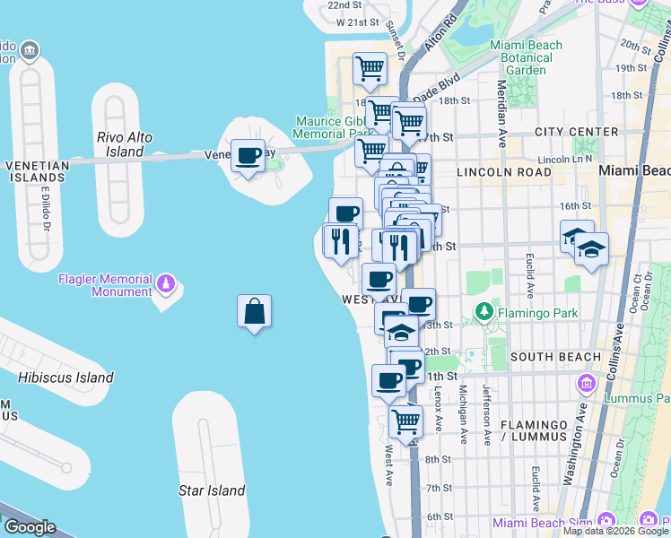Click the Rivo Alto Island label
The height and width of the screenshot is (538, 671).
click(125, 144)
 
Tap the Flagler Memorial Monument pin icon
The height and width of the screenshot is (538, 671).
click(165, 284)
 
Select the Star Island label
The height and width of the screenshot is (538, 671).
click(212, 490)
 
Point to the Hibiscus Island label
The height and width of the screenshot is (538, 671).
click(65, 377)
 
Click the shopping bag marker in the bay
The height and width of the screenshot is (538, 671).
click(255, 312)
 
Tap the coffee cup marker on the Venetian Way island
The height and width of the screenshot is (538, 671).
click(248, 156)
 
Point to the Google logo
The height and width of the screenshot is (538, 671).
click(30, 527)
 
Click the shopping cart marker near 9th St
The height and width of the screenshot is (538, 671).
click(406, 421)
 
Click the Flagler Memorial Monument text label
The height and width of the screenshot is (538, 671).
click(105, 285)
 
